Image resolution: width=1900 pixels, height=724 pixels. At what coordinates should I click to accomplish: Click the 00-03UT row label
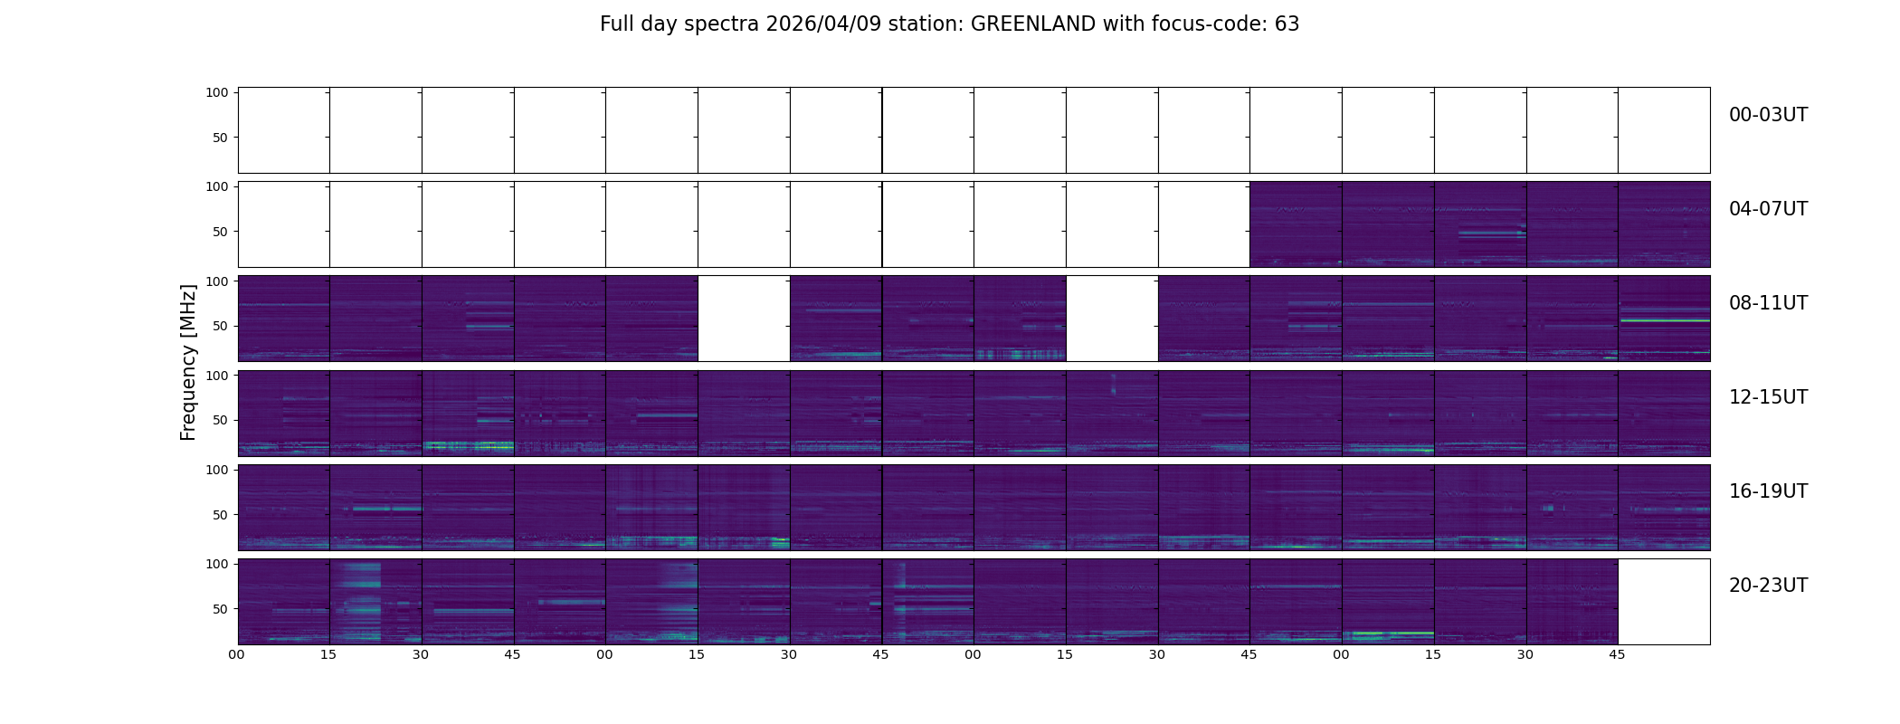(x=1768, y=115)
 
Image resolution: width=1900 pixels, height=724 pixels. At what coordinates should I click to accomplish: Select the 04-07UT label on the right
(x=1768, y=209)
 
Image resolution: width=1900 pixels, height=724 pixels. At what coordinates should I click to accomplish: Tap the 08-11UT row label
(x=1768, y=303)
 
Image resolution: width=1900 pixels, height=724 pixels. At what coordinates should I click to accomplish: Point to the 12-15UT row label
(x=1768, y=397)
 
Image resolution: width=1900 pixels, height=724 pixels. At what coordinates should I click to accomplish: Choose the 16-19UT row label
(x=1768, y=491)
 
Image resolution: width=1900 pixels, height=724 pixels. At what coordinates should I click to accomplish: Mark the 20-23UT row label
(x=1768, y=586)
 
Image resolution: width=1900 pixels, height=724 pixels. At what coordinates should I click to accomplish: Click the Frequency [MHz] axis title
(x=188, y=363)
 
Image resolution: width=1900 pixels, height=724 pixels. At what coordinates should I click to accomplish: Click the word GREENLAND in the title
(x=1033, y=24)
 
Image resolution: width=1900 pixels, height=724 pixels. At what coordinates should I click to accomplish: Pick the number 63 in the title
(x=1287, y=24)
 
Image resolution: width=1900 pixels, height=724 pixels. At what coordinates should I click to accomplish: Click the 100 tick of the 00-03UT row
(x=216, y=92)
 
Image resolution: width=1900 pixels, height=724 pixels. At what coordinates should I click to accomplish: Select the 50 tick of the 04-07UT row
(x=220, y=232)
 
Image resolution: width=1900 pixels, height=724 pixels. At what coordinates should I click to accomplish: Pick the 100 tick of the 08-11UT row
(x=216, y=281)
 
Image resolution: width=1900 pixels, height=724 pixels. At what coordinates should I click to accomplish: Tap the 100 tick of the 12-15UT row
(x=216, y=375)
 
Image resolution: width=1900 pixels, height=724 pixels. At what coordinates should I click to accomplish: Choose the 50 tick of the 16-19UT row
(x=220, y=515)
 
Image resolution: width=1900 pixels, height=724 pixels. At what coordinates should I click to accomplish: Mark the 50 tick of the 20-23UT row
(x=220, y=609)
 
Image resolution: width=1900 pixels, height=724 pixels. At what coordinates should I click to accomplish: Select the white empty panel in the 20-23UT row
(x=1663, y=602)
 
